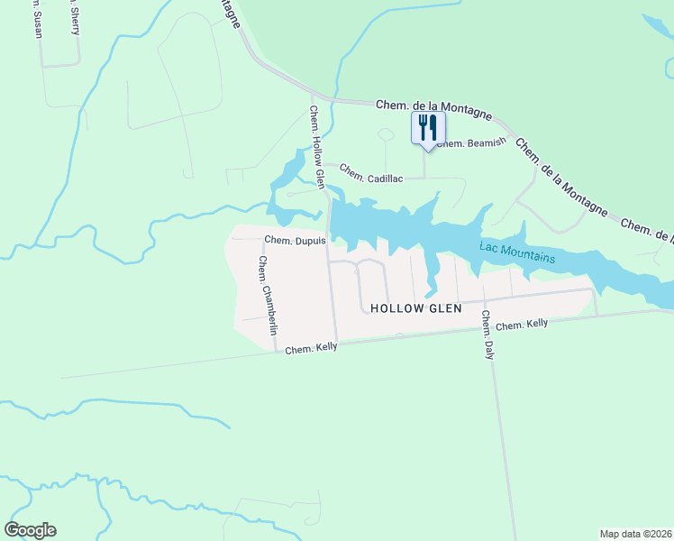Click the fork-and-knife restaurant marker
429,126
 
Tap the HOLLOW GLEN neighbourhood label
416,308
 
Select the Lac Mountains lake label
518,252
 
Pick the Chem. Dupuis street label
295,241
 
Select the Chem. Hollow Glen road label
316,148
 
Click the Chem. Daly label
487,335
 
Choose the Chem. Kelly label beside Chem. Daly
523,325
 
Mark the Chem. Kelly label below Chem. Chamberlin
311,348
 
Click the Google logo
30,530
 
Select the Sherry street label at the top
73,16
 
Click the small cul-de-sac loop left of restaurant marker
386,135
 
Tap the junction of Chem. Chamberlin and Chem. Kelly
275,352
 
